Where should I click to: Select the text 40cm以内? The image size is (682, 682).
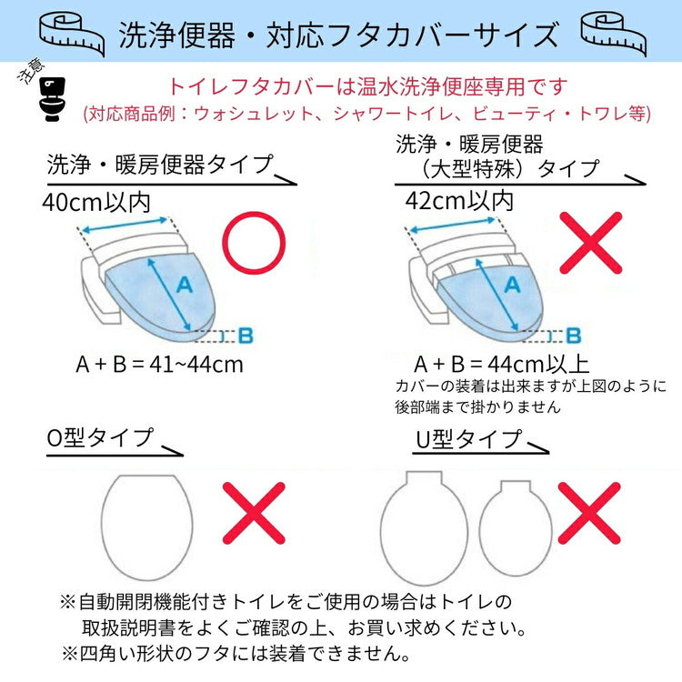pyautogui.click(x=96, y=201)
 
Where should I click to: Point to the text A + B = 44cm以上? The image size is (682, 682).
pyautogui.click(x=501, y=364)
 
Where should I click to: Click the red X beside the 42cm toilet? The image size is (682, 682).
pyautogui.click(x=590, y=242)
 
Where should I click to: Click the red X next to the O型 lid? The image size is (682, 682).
pyautogui.click(x=254, y=513)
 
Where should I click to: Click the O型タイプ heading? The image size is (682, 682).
pyautogui.click(x=100, y=437)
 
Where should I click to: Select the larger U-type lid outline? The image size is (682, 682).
pyautogui.click(x=424, y=526)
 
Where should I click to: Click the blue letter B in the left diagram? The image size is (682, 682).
pyautogui.click(x=245, y=335)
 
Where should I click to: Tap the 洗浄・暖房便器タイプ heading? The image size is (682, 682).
pyautogui.click(x=160, y=165)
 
